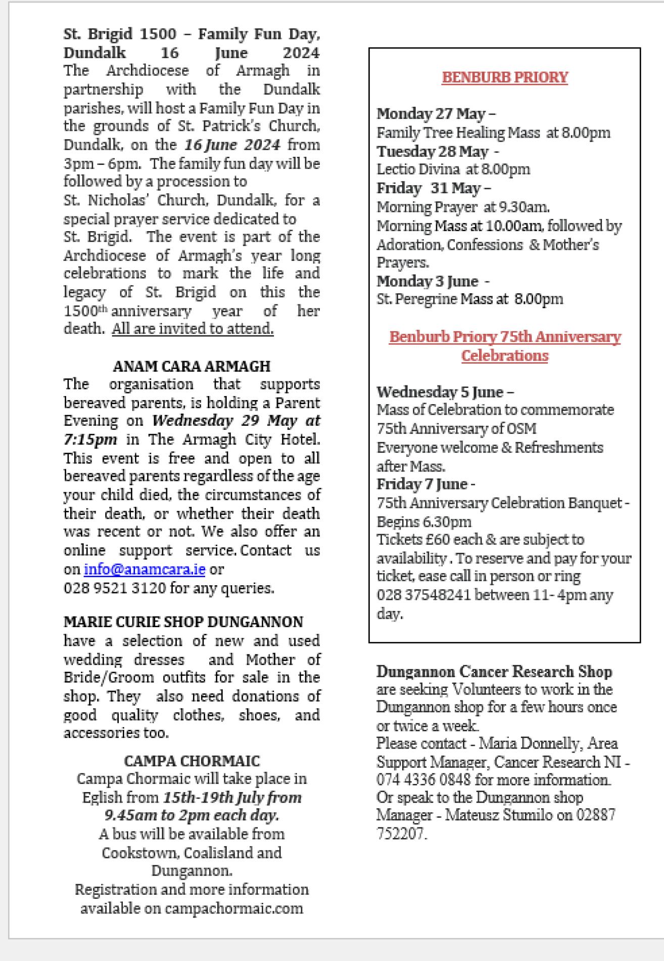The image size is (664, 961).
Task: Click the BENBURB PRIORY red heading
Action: coord(505,77)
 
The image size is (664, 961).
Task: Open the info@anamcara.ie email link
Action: coord(145,569)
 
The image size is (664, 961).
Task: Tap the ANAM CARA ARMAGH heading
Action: coord(192,366)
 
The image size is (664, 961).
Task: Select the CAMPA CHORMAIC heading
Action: coord(192,761)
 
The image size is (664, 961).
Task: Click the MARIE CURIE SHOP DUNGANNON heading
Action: coord(183,622)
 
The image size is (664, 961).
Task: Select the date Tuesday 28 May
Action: coord(433,151)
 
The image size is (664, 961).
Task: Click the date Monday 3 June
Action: coord(428,281)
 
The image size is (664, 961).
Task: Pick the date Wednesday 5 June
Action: coord(440,392)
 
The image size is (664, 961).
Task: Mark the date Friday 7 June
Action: coord(422,484)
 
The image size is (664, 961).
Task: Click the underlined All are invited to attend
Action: coord(193,329)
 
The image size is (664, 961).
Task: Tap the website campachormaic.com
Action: coord(234,908)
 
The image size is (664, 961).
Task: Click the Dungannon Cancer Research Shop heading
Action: coord(494,672)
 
